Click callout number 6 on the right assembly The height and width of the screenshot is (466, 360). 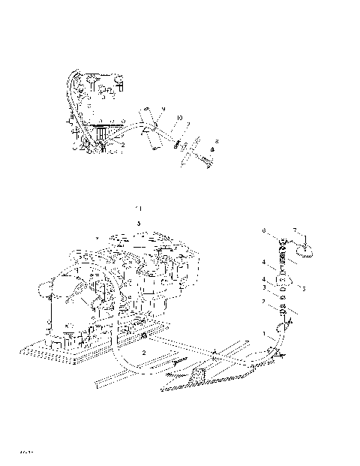263,231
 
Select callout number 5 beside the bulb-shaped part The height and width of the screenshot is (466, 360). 302,287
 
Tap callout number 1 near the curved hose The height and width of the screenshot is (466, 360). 263,332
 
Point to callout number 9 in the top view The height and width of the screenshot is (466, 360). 163,110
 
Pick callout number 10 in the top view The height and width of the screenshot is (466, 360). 179,119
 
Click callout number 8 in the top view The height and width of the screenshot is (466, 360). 217,141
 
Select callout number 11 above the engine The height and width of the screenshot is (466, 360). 137,206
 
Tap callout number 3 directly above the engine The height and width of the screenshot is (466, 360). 138,224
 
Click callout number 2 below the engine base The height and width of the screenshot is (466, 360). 144,352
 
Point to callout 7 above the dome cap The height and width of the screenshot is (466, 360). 295,230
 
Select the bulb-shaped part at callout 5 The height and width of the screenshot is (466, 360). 284,281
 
